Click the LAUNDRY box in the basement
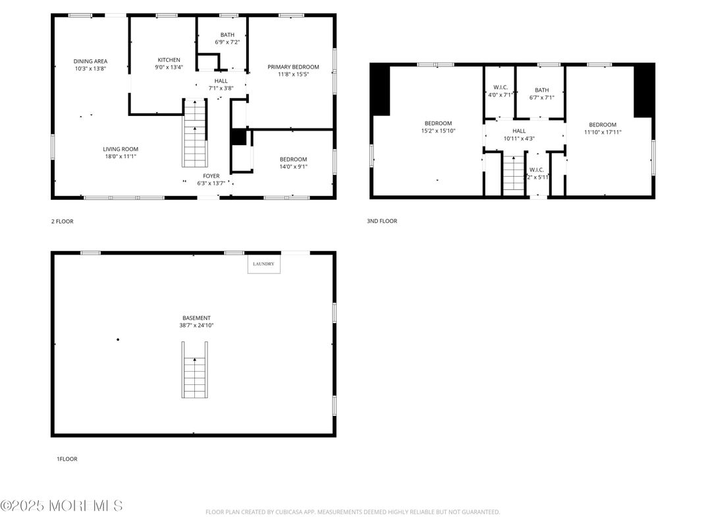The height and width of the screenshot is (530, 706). [x=264, y=264]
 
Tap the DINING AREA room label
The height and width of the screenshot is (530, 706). [x=90, y=61]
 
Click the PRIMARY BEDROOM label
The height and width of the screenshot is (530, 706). [x=293, y=67]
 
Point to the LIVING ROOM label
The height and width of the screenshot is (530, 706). [x=120, y=149]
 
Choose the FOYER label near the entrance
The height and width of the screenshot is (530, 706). [x=211, y=176]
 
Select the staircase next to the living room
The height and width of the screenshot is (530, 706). [x=194, y=133]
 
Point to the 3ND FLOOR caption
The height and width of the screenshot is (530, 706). [x=382, y=221]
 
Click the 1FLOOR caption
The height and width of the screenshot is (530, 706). [x=67, y=459]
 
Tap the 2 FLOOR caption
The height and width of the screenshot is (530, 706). [x=63, y=221]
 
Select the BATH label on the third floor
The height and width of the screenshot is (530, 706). [x=541, y=90]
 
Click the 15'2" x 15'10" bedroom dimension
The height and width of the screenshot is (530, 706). [x=438, y=131]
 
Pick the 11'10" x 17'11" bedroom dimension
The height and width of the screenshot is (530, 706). [x=603, y=132]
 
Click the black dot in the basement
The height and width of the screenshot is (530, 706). [x=118, y=339]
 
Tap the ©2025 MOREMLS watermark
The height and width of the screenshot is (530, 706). [x=61, y=506]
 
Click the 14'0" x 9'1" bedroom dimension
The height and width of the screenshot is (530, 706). [x=293, y=166]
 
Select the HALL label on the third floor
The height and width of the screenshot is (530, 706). [x=519, y=131]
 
